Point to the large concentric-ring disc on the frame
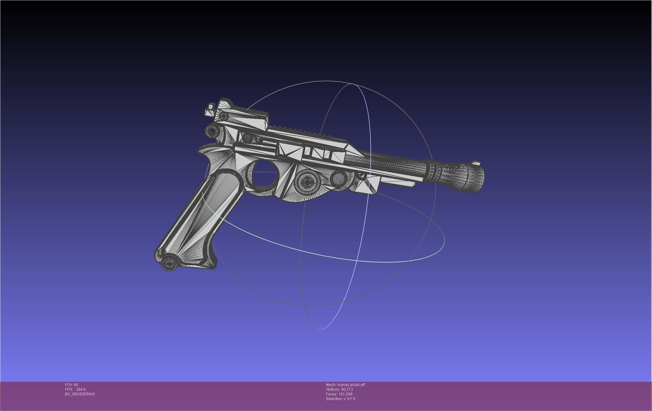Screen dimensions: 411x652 click(x=307, y=182)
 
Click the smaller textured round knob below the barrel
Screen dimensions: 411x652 click(x=338, y=178)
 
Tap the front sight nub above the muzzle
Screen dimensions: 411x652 click(x=475, y=163)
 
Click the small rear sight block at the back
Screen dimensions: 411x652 click(x=210, y=110)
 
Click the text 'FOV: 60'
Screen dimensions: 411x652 click(x=72, y=385)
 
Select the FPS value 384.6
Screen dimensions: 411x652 click(x=81, y=390)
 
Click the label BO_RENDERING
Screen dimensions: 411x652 click(x=80, y=394)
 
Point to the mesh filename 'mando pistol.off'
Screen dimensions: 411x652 click(x=351, y=385)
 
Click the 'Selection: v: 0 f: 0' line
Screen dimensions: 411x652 click(x=340, y=399)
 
